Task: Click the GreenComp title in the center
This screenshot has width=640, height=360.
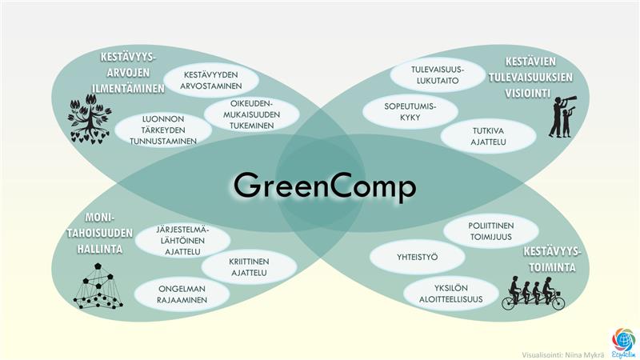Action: click(325, 186)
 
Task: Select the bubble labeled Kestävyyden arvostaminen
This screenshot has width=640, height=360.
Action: click(211, 80)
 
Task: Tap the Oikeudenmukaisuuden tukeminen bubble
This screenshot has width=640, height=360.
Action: click(251, 114)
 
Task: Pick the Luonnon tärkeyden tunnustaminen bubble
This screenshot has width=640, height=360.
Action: click(163, 130)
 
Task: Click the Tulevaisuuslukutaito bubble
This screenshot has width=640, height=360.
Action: click(438, 75)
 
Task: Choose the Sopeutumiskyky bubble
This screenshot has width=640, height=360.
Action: click(410, 111)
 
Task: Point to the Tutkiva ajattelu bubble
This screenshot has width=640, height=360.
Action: click(488, 136)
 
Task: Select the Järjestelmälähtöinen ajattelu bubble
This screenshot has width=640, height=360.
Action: click(183, 241)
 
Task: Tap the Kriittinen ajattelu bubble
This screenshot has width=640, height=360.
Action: click(249, 267)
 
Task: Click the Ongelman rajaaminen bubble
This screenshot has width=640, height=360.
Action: click(182, 294)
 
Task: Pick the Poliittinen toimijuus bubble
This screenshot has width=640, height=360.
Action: click(491, 231)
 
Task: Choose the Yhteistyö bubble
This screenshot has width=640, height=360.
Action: click(417, 257)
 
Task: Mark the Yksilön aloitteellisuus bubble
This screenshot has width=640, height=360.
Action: click(451, 294)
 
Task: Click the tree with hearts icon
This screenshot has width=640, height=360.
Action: click(90, 118)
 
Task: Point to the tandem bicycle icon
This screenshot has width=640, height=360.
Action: click(534, 294)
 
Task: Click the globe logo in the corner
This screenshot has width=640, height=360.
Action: click(623, 342)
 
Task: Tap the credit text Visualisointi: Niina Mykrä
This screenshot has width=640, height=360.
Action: click(563, 355)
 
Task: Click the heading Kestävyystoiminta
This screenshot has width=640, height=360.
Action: click(551, 259)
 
